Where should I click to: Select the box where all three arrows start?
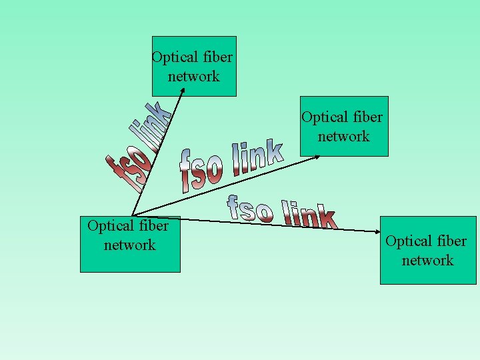coord(130,244)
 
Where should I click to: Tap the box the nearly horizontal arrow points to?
coord(428,250)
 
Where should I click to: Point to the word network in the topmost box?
coord(194,76)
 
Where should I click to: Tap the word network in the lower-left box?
coord(130,245)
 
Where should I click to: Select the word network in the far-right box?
coord(427,260)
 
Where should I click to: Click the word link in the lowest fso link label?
coord(309,215)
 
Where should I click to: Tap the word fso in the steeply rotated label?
coord(125,171)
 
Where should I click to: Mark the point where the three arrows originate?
coord(131,215)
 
